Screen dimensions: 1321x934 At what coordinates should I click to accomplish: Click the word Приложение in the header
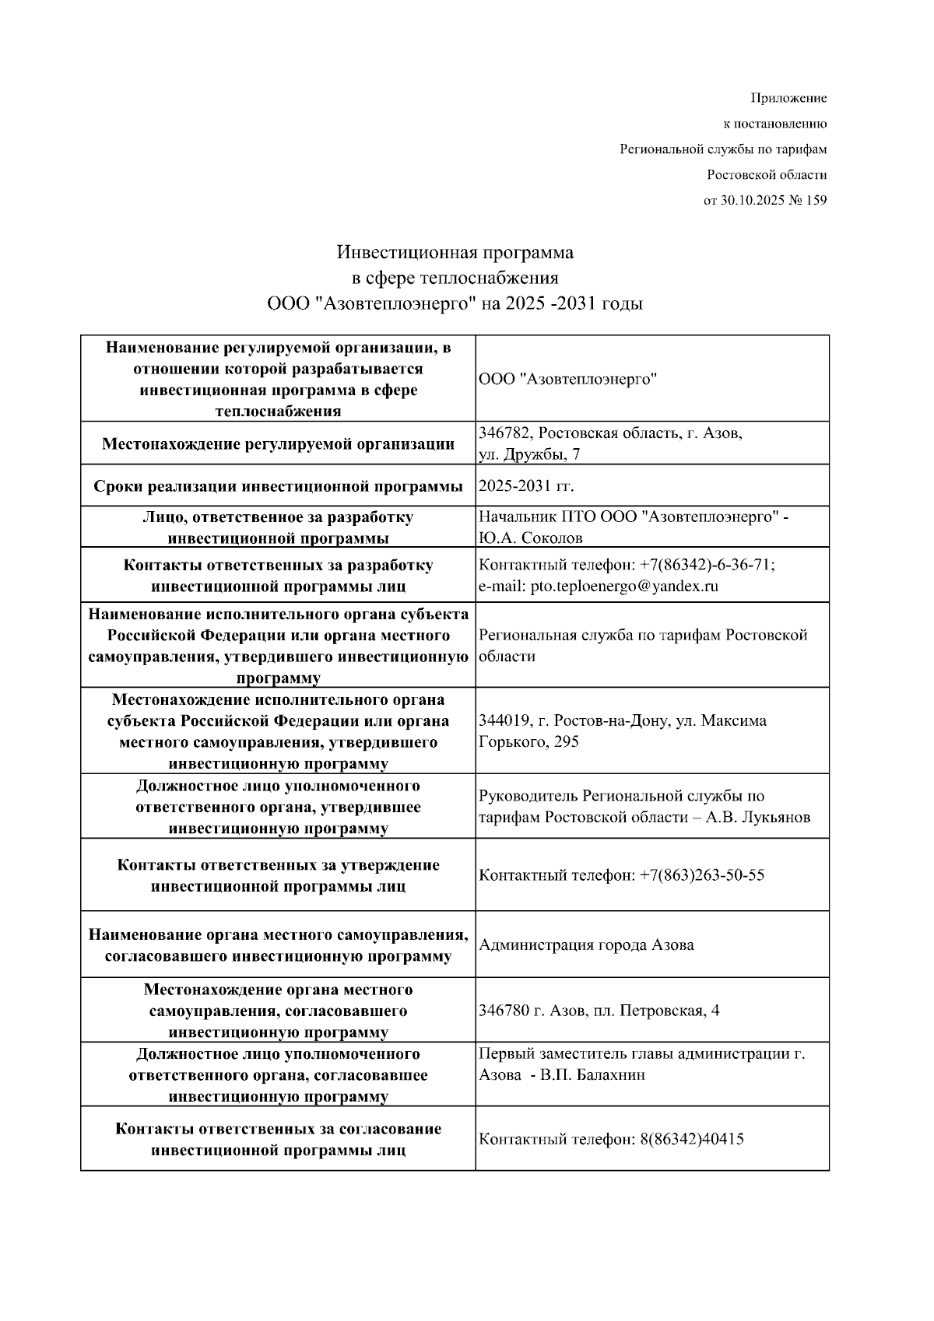(788, 98)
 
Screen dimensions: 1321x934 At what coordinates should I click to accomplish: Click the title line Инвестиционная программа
(455, 252)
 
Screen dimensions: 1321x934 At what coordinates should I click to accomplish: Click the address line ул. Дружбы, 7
(529, 454)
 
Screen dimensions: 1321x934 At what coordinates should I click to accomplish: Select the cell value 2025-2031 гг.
(526, 486)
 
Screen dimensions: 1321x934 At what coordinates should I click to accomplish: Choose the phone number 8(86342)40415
(692, 1140)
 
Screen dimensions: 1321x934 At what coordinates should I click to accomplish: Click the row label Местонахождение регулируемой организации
(279, 444)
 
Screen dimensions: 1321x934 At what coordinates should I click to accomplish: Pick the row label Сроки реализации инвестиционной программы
(279, 486)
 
